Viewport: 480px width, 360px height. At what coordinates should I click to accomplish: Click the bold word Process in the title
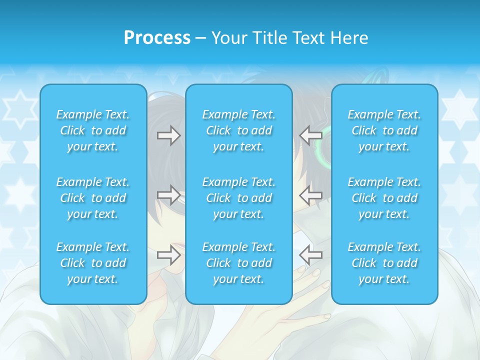point(157,38)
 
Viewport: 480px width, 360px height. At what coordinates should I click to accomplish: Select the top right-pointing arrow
point(168,135)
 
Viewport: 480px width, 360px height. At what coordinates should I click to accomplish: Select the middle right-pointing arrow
point(168,195)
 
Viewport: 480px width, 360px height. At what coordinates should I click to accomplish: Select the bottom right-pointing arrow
point(168,255)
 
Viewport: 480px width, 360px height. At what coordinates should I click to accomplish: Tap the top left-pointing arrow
point(310,134)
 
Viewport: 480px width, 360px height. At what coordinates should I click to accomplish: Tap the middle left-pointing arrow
point(310,194)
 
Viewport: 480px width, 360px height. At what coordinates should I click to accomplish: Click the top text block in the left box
point(93,130)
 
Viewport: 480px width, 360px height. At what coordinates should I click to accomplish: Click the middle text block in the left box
point(93,198)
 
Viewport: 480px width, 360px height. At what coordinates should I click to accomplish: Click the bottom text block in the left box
point(93,263)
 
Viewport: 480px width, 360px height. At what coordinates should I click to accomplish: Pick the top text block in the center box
point(238,130)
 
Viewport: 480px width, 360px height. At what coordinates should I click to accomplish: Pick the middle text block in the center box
point(238,198)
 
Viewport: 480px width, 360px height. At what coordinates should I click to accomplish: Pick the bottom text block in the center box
point(238,263)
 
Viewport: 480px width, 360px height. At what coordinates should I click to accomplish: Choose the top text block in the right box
point(384,130)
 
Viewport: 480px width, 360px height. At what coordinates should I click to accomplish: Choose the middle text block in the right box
point(384,198)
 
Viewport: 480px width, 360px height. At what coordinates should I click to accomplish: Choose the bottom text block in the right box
point(384,263)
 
